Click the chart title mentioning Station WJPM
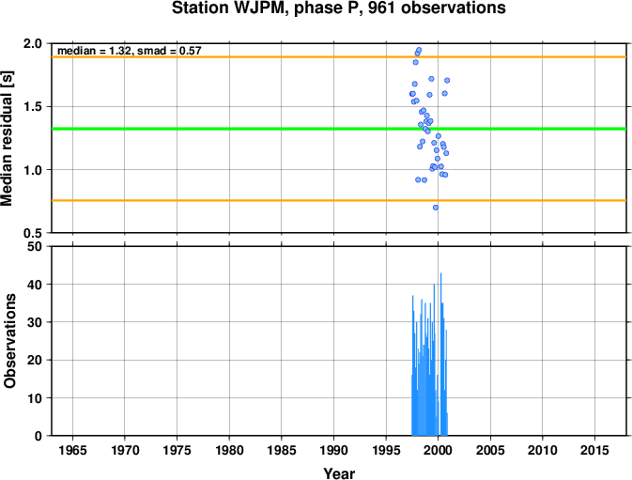coord(339,8)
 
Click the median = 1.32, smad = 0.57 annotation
coord(130,51)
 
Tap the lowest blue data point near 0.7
coord(436,208)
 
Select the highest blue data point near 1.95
coord(419,50)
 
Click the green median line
coord(339,129)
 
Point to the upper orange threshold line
coord(339,56)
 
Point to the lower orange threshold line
coord(339,200)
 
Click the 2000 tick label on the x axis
coord(439,450)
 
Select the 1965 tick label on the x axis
coord(72,450)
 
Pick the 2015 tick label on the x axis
coord(595,450)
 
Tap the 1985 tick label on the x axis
coord(282,450)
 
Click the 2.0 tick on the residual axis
coord(34,43)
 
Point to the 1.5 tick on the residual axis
coord(34,107)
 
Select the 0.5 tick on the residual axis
coord(34,233)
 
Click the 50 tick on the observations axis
coord(35,246)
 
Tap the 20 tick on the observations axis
coord(35,360)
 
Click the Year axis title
coord(339,473)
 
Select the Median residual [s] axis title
coord(8,138)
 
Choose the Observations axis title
coord(9,341)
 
